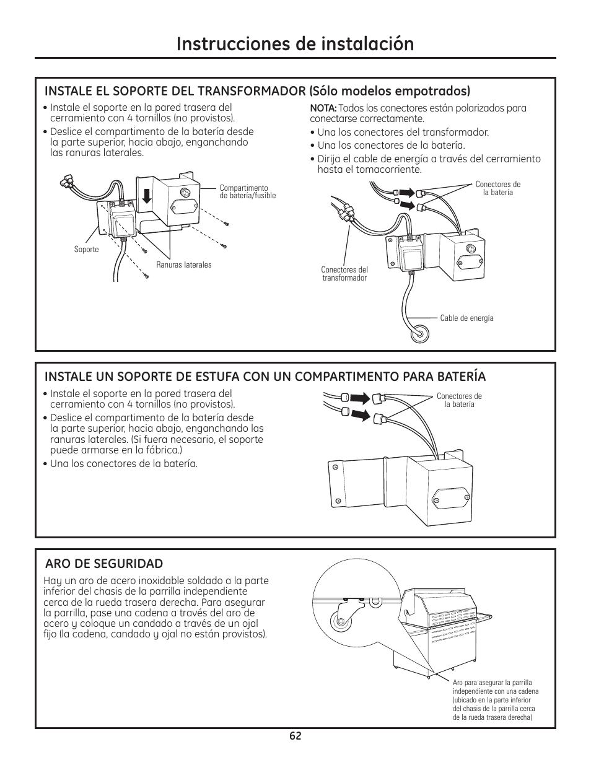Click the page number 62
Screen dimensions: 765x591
click(295, 736)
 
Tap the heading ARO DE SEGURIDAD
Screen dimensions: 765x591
click(104, 563)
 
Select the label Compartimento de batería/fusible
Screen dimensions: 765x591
click(247, 191)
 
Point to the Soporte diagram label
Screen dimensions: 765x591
click(86, 250)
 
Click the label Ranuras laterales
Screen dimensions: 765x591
click(183, 265)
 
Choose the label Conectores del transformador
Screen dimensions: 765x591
click(344, 274)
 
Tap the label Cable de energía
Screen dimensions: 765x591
click(466, 318)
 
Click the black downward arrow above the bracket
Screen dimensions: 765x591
click(147, 196)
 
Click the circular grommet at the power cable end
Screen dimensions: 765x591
click(420, 333)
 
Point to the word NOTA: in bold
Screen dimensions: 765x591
click(323, 108)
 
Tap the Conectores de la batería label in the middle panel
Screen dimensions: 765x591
click(459, 400)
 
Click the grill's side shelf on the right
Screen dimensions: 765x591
click(484, 616)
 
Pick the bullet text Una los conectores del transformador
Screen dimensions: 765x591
click(403, 132)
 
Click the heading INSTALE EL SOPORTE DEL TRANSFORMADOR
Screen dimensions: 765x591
click(257, 91)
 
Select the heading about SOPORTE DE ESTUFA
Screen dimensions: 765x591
click(265, 376)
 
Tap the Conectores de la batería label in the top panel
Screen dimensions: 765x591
click(497, 188)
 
